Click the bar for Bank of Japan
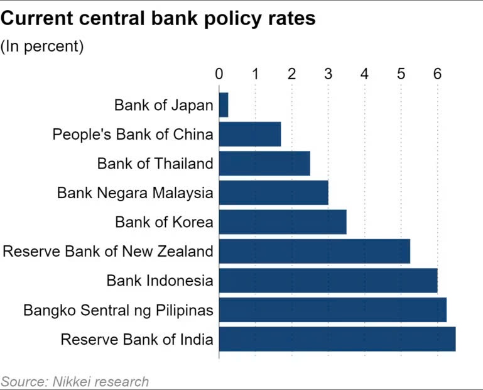pos(224,105)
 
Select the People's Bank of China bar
pos(250,134)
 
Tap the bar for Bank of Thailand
pos(264,164)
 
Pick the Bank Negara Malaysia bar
pos(274,192)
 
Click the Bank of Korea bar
pos(283,222)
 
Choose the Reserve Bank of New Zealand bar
pos(314,251)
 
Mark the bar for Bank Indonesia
pos(328,281)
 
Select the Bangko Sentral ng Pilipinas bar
pos(332,309)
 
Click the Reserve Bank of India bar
pos(337,339)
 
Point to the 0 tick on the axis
pos(219,74)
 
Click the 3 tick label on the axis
pos(328,74)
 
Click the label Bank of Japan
pos(163,105)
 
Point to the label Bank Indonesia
pos(160,281)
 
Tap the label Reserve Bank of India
pos(137,340)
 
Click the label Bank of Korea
pos(164,222)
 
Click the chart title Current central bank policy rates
pos(158,19)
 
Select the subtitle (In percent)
pos(42,47)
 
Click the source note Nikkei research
pos(75,381)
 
